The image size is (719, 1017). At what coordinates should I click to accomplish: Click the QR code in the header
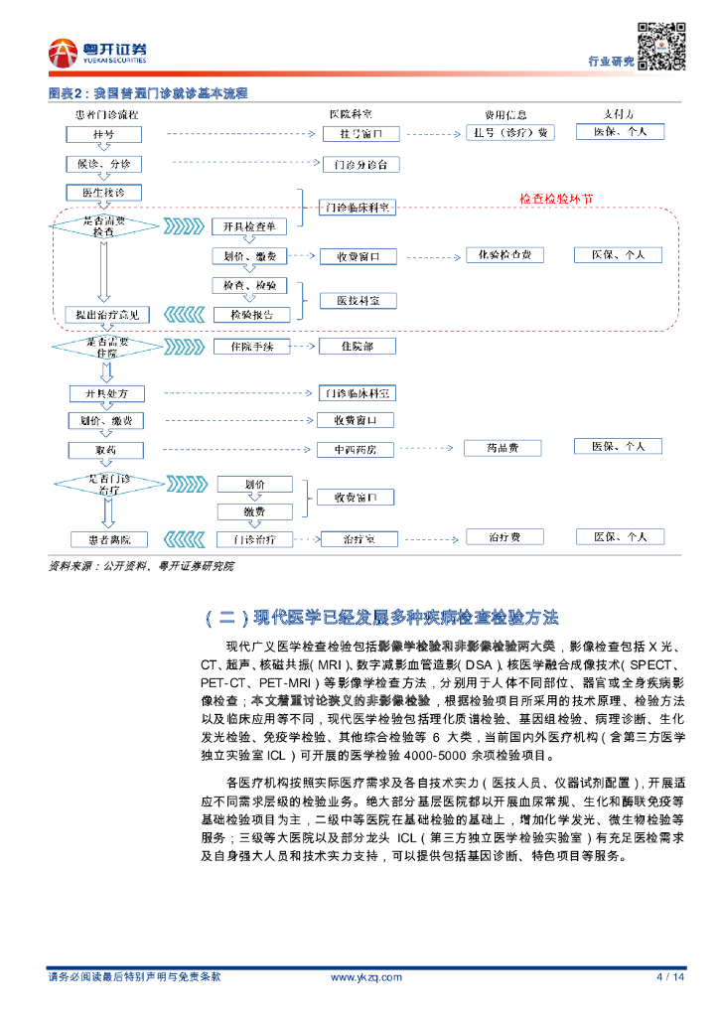click(661, 46)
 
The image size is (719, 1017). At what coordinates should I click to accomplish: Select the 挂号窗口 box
click(359, 134)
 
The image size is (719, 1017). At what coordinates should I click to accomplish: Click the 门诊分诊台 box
click(359, 164)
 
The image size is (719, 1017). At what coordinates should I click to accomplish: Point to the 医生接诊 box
click(104, 192)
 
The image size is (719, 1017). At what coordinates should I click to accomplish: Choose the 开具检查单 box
click(250, 226)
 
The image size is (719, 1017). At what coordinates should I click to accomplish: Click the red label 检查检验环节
click(557, 199)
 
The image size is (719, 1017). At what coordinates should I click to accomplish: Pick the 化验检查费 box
click(504, 255)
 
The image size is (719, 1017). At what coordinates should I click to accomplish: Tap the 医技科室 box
click(358, 300)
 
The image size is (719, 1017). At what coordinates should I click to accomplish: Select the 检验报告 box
click(251, 315)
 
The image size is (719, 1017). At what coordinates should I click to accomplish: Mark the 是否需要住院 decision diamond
click(104, 347)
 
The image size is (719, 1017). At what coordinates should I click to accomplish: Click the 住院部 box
click(358, 347)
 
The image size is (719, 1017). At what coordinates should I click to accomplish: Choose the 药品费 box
click(504, 448)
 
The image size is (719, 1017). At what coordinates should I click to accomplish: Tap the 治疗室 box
click(358, 539)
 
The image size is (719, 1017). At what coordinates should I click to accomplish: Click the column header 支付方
click(620, 114)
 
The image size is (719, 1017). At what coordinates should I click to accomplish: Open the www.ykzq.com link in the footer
click(365, 977)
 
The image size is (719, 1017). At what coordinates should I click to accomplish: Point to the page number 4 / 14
click(671, 977)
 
